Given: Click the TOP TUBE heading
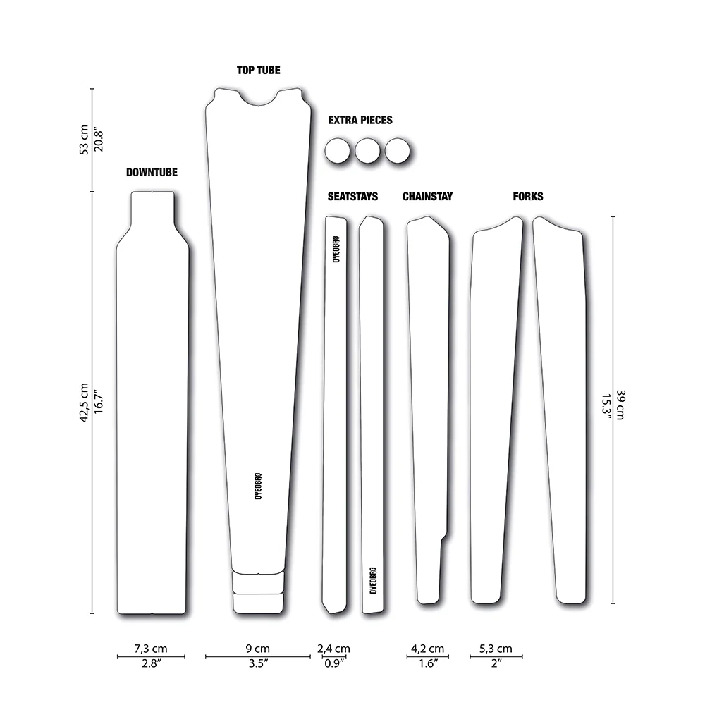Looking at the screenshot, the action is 259,70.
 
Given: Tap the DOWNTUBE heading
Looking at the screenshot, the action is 152,172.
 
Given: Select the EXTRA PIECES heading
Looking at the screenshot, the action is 360,120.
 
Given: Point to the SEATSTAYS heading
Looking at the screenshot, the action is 352,197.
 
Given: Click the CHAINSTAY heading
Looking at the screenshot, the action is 428,197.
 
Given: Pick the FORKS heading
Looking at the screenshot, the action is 528,197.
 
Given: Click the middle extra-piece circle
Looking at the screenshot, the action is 367,151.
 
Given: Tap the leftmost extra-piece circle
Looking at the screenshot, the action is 337,151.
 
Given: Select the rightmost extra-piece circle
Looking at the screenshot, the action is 398,151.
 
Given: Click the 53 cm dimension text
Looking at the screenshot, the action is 84,140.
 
